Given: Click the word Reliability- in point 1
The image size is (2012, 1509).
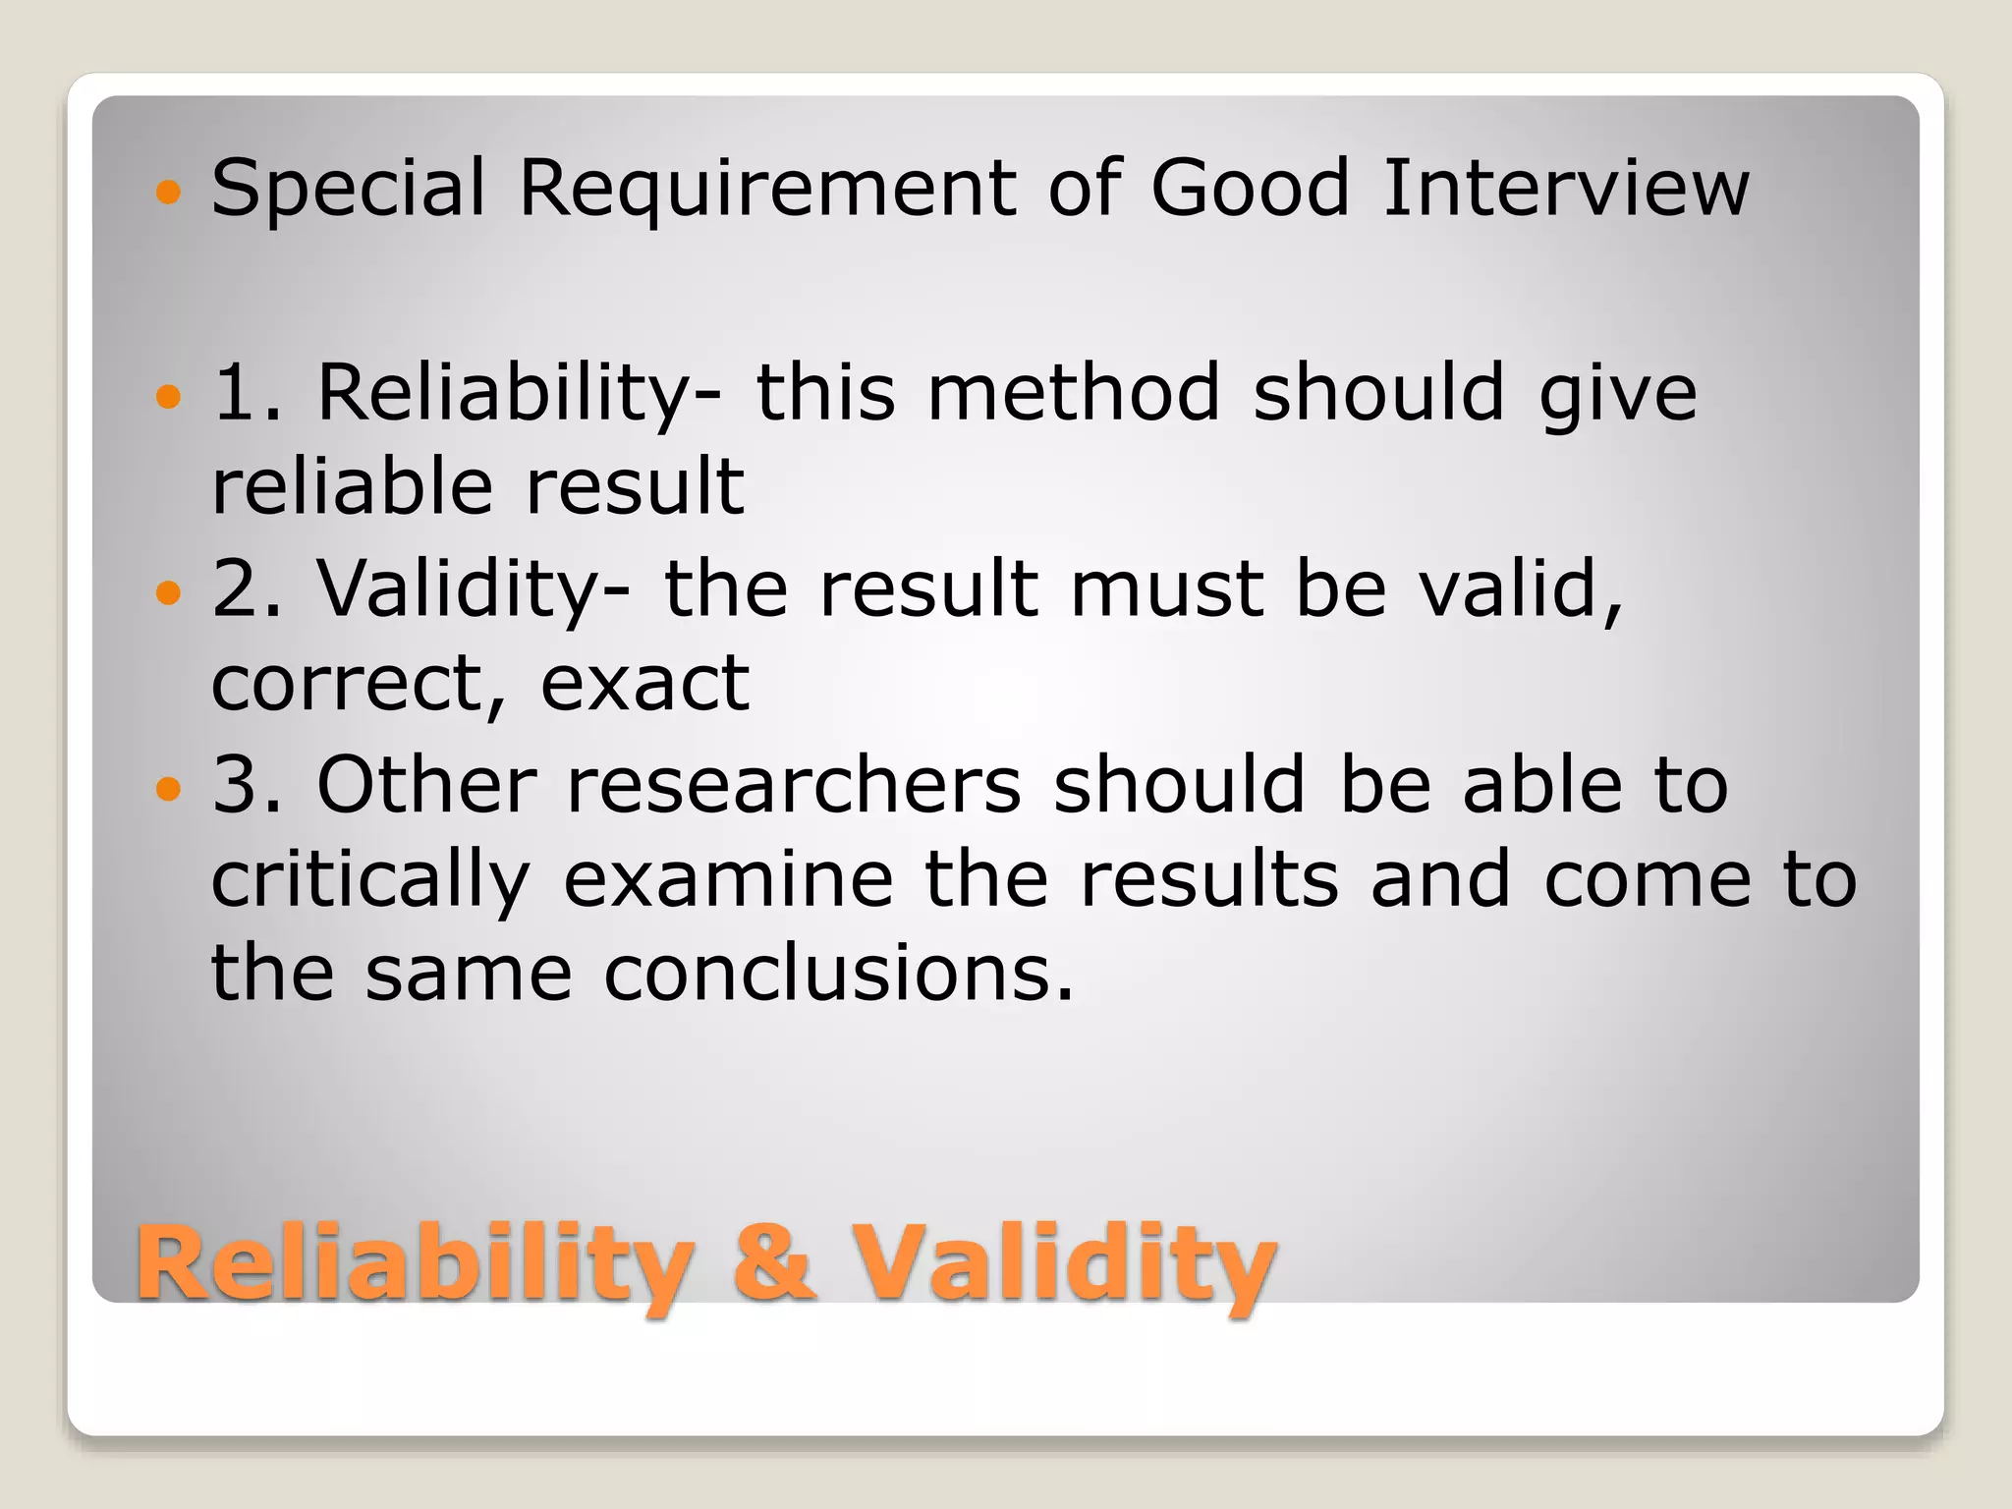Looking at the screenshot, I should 519,394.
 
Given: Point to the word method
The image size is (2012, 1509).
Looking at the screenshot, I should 1074,392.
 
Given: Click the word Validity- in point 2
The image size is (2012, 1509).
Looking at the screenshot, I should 474,589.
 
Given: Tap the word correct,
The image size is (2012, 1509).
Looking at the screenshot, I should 360,685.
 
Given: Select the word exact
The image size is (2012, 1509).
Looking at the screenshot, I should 644,685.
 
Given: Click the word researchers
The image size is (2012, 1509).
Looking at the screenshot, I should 794,785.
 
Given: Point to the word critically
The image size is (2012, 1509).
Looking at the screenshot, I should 371,881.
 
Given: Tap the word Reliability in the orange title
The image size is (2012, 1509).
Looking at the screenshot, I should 416,1264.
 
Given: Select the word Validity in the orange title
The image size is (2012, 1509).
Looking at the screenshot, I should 1064,1264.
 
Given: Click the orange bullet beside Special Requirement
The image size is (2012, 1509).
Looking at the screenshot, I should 169,191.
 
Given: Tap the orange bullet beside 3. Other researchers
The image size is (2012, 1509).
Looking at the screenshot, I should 169,788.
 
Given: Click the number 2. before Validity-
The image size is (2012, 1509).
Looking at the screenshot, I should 247,589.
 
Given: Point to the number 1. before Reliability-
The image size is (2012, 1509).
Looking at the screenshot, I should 247,393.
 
